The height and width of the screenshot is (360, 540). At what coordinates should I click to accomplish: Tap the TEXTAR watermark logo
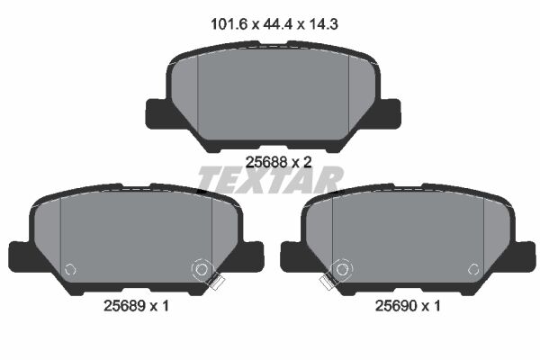(x=270, y=180)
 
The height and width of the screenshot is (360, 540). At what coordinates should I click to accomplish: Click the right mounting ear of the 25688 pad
(x=388, y=114)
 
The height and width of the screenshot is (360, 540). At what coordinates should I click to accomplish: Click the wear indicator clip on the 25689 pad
(x=214, y=283)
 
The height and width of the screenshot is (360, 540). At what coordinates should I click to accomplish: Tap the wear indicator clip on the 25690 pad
(x=328, y=283)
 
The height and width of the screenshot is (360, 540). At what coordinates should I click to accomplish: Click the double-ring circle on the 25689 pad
(x=200, y=267)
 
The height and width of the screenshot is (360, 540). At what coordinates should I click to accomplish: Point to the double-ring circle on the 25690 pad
(x=340, y=267)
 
